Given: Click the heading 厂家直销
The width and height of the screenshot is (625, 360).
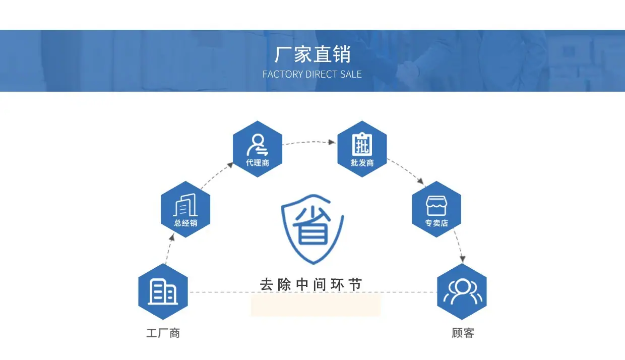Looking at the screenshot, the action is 312,54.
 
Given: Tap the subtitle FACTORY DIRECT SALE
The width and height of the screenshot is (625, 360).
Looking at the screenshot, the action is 312,74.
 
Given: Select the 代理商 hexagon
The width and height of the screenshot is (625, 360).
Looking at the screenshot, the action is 258,149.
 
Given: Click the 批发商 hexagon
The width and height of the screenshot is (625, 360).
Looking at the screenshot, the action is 362,149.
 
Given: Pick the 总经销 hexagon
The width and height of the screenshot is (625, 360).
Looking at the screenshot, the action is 185,209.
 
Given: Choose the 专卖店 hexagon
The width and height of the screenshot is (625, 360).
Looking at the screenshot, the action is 436,209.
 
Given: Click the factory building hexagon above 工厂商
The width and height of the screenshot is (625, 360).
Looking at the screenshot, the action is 163,291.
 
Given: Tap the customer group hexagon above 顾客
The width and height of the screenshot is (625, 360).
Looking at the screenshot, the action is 462,291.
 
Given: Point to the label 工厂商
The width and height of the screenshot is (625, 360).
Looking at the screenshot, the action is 163,333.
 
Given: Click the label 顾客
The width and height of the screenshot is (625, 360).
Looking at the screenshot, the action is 463,333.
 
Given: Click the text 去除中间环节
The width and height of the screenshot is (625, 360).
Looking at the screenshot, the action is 311,284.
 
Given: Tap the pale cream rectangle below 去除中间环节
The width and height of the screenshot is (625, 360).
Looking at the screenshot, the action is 315,306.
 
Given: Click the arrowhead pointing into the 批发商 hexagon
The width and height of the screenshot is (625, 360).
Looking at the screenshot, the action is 332,142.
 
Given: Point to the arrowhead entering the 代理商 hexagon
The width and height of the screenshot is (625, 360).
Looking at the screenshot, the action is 230,164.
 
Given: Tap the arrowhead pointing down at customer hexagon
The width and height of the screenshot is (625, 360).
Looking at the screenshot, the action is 461,259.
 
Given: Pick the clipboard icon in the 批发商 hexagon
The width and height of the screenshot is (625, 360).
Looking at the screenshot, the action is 362,144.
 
